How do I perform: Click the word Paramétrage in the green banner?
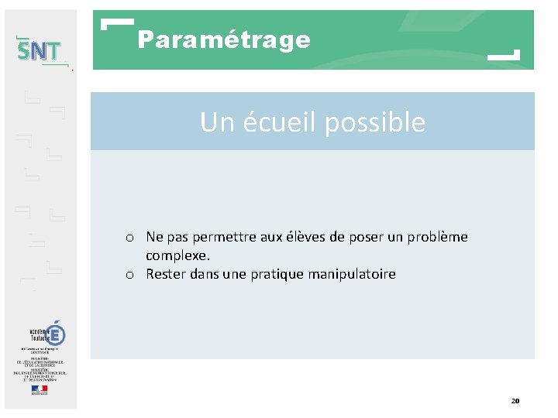(224, 39)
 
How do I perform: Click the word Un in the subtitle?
(214, 122)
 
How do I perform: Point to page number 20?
(515, 401)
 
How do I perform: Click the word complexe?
(177, 255)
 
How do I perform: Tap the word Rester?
(164, 274)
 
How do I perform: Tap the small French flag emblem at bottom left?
(40, 390)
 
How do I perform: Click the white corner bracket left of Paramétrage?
(116, 23)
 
